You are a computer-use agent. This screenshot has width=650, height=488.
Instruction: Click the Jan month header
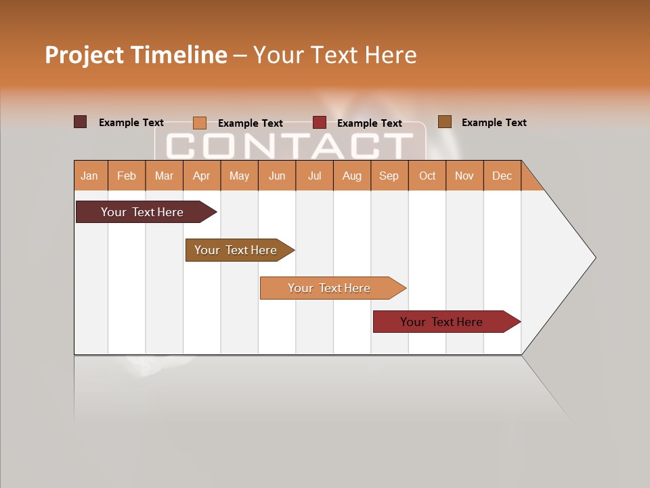(x=90, y=176)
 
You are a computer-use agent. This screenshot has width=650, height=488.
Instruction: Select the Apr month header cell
(x=202, y=176)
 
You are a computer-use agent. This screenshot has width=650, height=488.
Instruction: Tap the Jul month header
(x=315, y=176)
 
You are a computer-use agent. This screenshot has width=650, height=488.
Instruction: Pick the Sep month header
(x=389, y=176)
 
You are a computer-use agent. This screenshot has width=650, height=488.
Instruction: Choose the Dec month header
(x=502, y=176)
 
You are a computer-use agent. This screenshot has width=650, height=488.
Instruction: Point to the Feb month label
(x=127, y=176)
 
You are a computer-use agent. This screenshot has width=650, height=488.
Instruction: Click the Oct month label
(x=427, y=176)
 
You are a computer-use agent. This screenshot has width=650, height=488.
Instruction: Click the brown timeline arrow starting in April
(x=238, y=250)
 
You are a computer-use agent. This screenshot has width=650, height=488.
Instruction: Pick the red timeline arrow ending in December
(x=443, y=322)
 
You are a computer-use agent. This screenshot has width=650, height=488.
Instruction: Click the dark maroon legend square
(x=80, y=122)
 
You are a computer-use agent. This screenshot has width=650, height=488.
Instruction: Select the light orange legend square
(x=200, y=123)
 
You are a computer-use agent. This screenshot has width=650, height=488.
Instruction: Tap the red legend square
(x=320, y=123)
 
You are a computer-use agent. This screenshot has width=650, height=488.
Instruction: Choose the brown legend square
(x=445, y=122)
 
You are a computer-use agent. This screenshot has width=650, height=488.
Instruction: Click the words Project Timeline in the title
(x=136, y=55)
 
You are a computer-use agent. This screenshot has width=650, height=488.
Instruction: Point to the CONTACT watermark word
(x=290, y=145)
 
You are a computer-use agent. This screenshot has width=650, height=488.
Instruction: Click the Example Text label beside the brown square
(x=494, y=123)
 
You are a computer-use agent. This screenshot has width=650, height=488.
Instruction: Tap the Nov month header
(x=464, y=176)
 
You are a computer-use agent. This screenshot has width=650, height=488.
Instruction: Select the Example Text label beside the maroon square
(x=131, y=123)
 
